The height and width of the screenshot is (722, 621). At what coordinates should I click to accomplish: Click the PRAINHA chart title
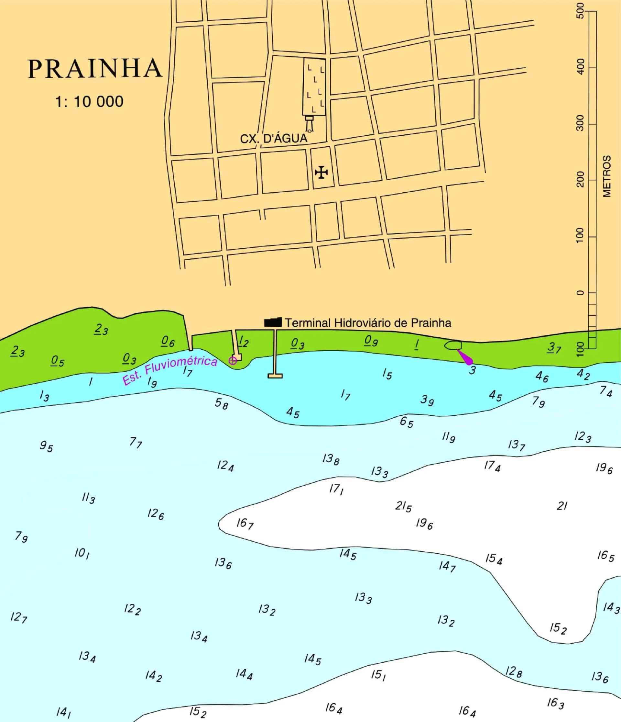(95, 68)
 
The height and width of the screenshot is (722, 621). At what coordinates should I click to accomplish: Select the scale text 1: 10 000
(89, 102)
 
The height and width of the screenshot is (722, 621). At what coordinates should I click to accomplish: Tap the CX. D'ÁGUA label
(274, 138)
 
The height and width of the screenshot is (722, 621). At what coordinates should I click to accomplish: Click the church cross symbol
(321, 172)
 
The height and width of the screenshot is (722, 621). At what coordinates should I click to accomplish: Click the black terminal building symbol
(273, 322)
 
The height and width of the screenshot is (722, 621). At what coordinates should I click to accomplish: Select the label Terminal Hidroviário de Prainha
(368, 323)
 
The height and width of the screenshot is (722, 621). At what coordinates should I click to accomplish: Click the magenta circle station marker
(233, 361)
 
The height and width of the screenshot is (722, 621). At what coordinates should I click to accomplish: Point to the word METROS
(607, 176)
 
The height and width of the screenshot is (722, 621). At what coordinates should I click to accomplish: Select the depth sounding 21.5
(403, 506)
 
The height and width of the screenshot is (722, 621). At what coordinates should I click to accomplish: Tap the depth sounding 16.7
(245, 524)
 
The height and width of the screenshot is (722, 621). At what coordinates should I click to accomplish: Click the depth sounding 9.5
(46, 446)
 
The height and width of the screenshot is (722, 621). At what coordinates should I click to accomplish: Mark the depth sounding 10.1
(82, 553)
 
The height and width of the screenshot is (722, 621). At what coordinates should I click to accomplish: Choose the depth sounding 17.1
(336, 490)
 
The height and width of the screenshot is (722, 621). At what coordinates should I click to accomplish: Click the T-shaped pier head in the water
(275, 376)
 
